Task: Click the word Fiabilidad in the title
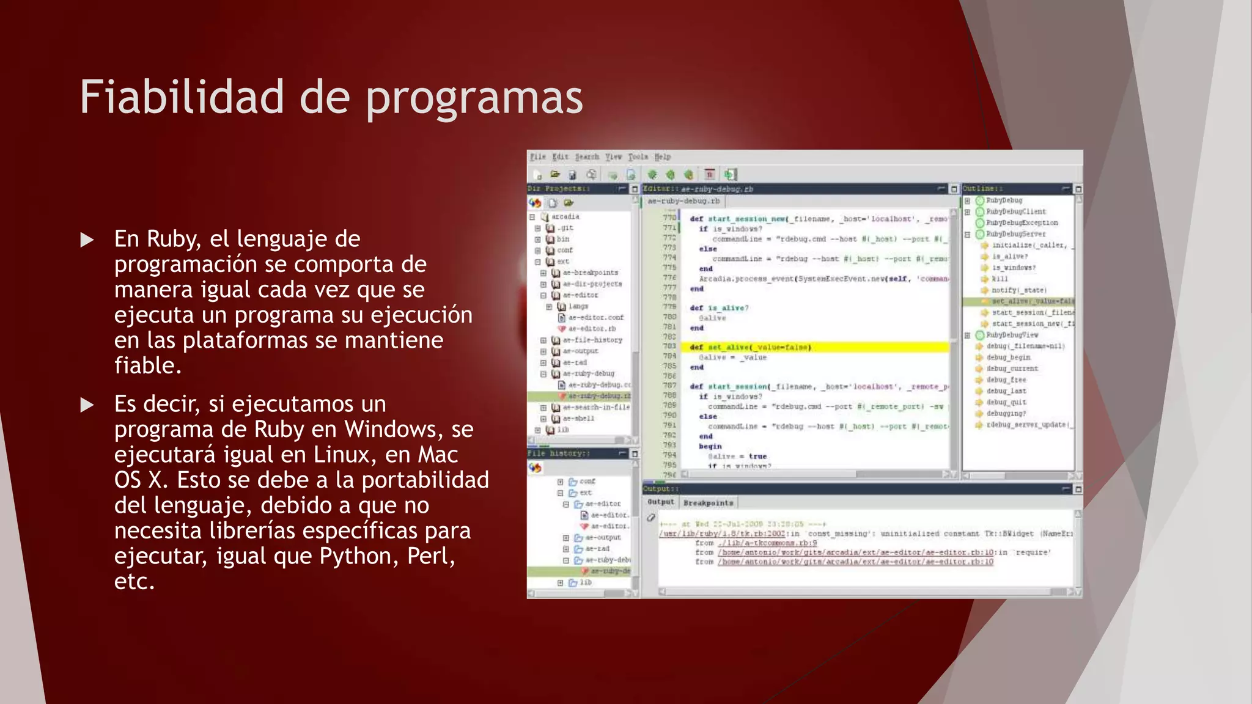[182, 97]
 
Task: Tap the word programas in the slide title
[474, 99]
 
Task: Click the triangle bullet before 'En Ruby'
[87, 240]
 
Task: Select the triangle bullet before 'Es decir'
[87, 405]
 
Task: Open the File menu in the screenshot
[537, 157]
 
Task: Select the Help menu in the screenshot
[663, 157]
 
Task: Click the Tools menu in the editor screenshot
[638, 157]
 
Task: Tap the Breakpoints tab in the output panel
[708, 503]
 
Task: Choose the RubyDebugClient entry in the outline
[1015, 211]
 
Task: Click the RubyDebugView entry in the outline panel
[1012, 335]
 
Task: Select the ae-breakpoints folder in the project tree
[590, 273]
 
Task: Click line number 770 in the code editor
[669, 218]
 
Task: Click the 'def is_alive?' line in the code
[719, 308]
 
